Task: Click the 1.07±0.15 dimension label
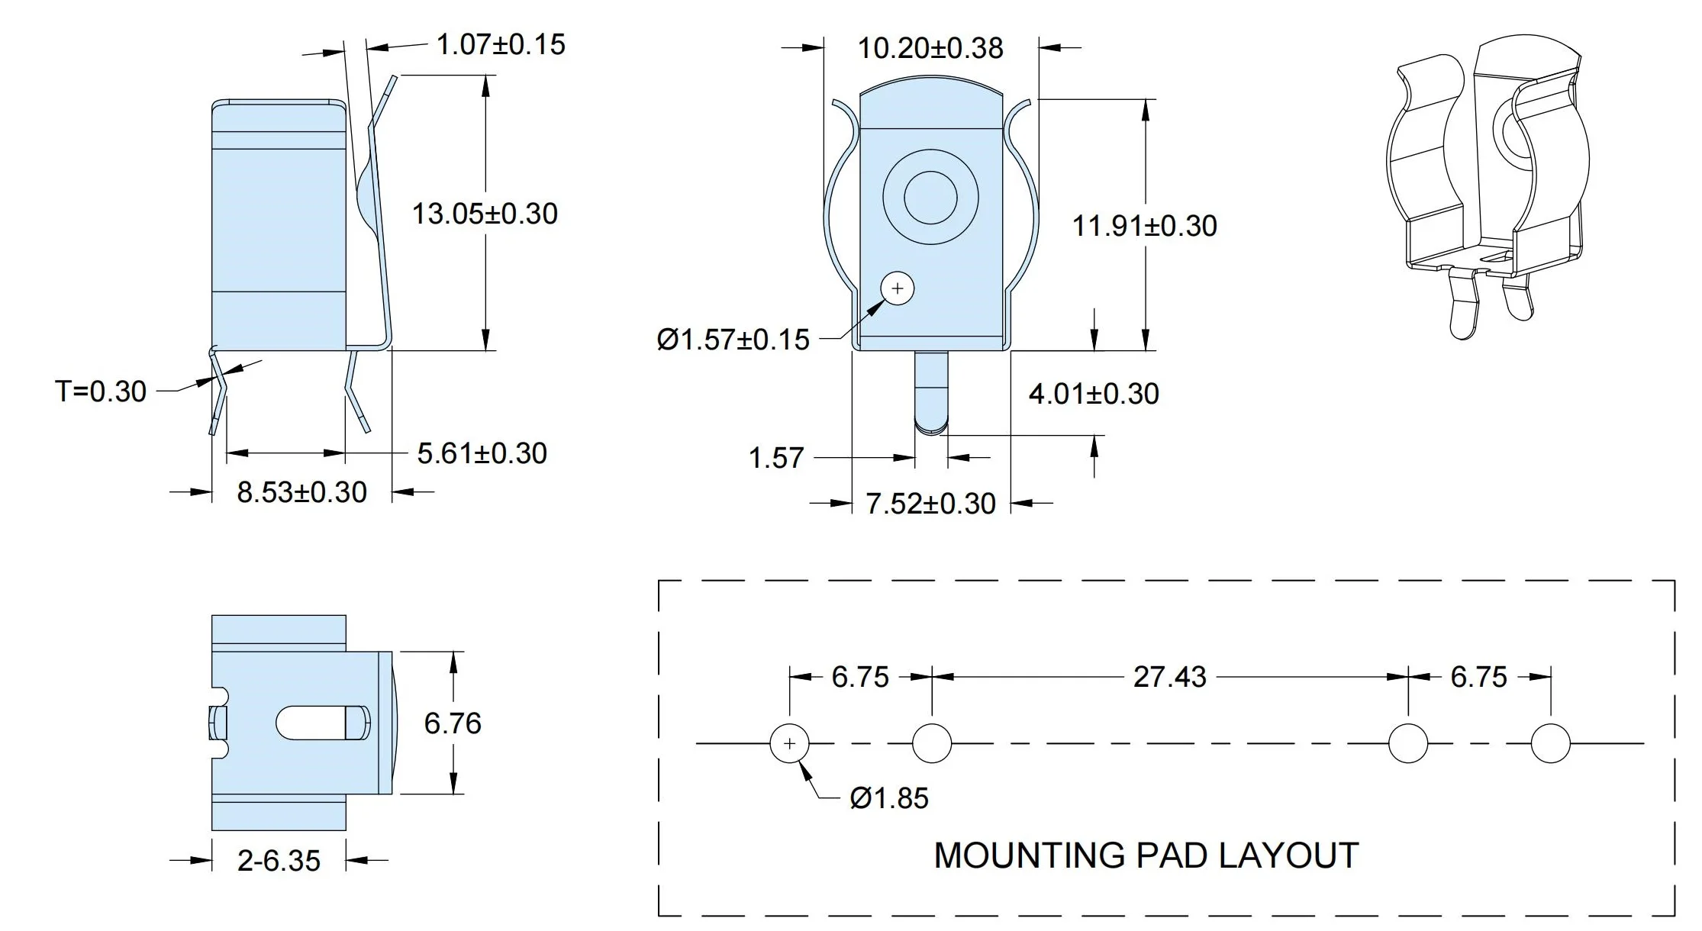(501, 44)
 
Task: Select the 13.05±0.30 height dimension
(485, 213)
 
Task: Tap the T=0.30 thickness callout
(101, 391)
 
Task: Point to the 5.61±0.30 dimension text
(482, 453)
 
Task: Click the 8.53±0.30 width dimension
(301, 492)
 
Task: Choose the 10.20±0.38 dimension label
(930, 48)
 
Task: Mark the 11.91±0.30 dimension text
(1145, 226)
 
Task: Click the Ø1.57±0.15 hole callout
(733, 340)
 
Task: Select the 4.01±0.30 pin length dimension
(1094, 394)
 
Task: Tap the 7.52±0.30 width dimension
(930, 504)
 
